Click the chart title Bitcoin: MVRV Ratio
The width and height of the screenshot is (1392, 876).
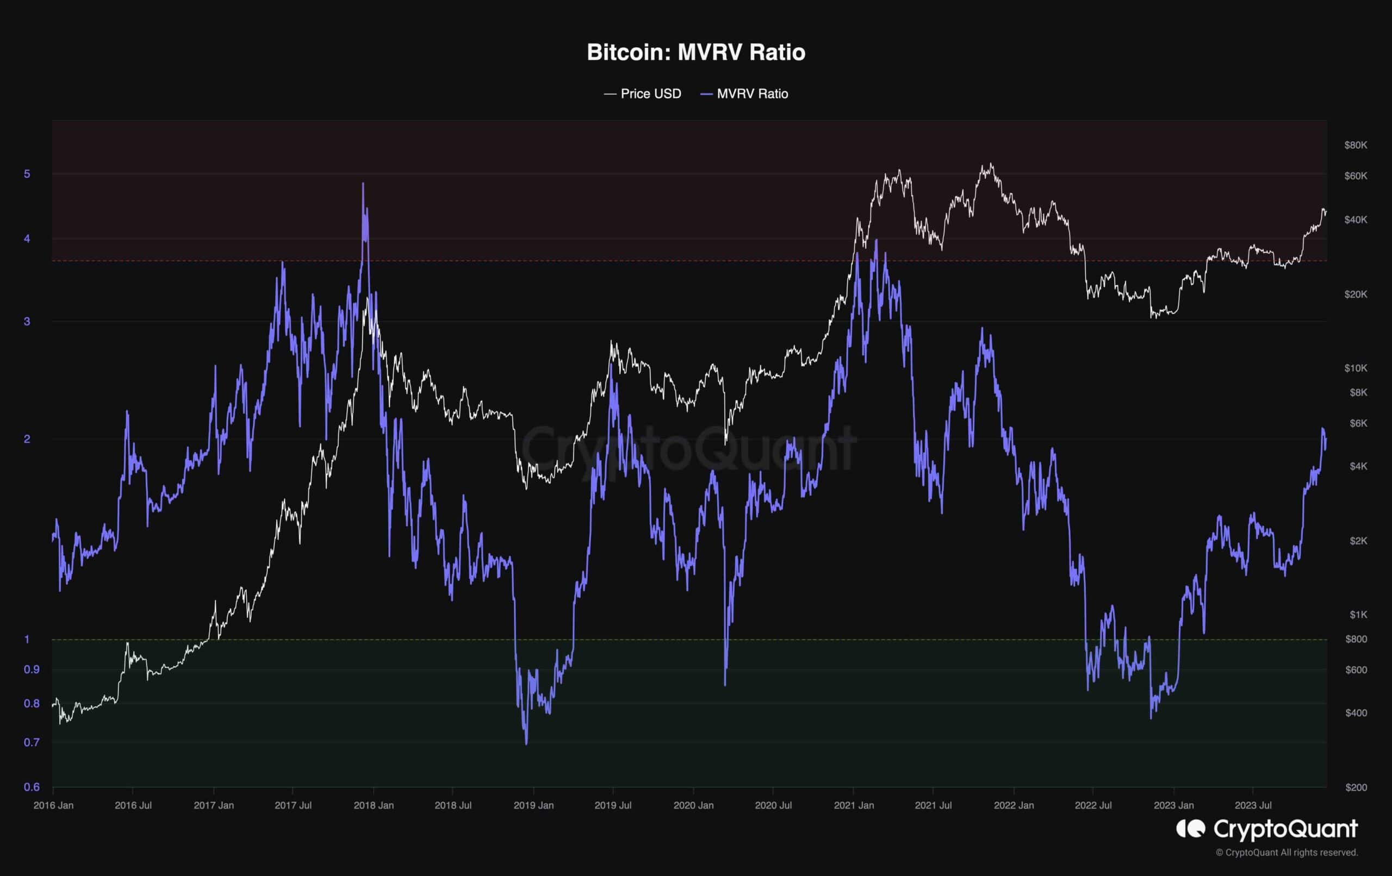coord(695,53)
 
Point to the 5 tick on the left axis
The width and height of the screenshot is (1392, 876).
coord(27,174)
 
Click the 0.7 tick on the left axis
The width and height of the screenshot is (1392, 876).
coord(31,742)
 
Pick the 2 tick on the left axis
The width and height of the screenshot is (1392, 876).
coord(27,439)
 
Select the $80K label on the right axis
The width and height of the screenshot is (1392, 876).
coord(1356,145)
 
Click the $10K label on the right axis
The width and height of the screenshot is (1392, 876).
coord(1356,368)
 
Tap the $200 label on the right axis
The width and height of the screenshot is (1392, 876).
coord(1356,787)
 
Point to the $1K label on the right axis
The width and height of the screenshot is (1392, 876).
coord(1358,614)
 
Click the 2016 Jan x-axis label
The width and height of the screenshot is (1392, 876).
coord(53,805)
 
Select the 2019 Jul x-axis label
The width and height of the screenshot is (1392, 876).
coord(613,805)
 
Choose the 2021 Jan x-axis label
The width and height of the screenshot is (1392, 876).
coord(853,805)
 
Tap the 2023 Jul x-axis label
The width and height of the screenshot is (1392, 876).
coord(1253,805)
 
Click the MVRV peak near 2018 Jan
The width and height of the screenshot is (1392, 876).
coord(363,184)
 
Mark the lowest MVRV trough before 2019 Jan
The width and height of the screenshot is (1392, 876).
coord(526,743)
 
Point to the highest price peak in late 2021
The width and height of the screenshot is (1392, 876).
coord(991,164)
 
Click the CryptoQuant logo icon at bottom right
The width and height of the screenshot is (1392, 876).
coord(1191,829)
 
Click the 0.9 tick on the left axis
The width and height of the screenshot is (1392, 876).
coord(31,669)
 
